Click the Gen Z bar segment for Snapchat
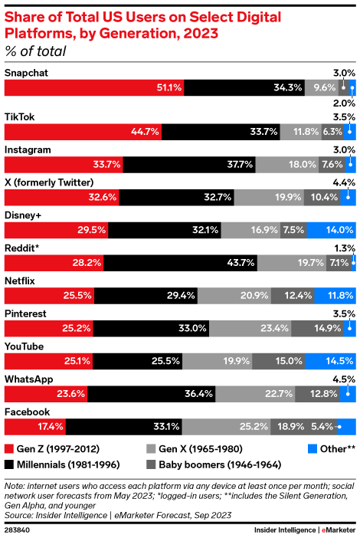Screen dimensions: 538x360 pyautogui.click(x=93, y=88)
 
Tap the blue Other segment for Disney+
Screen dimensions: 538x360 pyautogui.click(x=330, y=229)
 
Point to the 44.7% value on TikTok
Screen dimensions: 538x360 pyautogui.click(x=145, y=131)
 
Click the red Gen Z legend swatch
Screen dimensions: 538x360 pyautogui.click(x=9, y=448)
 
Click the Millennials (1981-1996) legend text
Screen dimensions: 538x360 pyautogui.click(x=67, y=464)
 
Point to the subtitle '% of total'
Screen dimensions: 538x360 pyautogui.click(x=35, y=51)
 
